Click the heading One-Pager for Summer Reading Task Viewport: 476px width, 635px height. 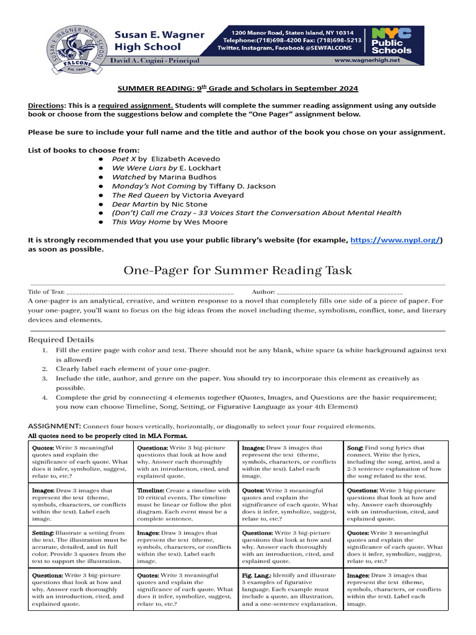pyautogui.click(x=238, y=270)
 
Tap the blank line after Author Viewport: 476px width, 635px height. pyautogui.click(x=340, y=291)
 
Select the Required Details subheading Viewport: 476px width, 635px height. pyautogui.click(x=61, y=340)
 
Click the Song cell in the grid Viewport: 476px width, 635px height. pyautogui.click(x=395, y=461)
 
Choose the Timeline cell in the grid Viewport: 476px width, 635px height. pyautogui.click(x=185, y=504)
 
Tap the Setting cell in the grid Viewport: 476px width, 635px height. pyautogui.click(x=81, y=547)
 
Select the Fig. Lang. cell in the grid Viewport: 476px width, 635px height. pyautogui.click(x=291, y=589)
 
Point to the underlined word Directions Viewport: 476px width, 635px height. pyautogui.click(x=46, y=105)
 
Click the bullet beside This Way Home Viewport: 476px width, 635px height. pyautogui.click(x=100, y=222)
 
